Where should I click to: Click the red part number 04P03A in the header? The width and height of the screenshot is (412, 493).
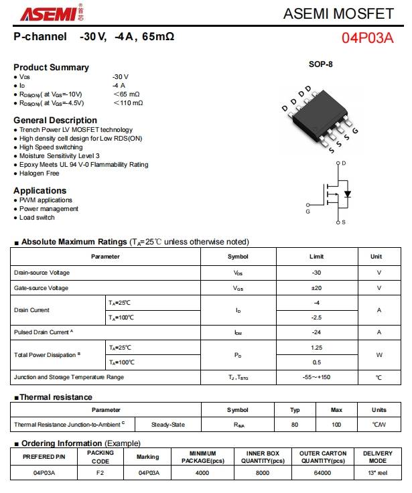pos(368,38)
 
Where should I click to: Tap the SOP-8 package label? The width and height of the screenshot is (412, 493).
pos(320,64)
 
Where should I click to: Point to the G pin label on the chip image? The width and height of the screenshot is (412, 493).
pos(355,131)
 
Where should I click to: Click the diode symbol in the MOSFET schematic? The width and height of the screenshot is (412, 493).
pos(347,194)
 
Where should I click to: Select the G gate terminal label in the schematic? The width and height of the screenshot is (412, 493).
pos(307,211)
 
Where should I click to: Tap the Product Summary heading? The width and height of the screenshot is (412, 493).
pos(51,67)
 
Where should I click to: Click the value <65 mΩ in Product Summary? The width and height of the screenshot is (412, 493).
pos(126,94)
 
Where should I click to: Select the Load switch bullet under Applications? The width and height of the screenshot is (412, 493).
pos(37,217)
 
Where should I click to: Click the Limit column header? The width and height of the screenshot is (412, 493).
pos(316,257)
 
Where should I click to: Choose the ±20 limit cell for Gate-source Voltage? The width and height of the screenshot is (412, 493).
pos(316,288)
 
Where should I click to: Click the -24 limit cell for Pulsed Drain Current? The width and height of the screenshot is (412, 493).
pos(316,332)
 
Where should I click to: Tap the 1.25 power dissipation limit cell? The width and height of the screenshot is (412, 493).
pos(316,348)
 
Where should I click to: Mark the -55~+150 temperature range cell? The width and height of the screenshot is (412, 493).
pos(316,377)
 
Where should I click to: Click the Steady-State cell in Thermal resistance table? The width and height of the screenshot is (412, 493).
pos(167,425)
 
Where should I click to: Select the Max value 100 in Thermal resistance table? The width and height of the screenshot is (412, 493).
pos(336,425)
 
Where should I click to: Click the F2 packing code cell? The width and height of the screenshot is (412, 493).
pos(100,473)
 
